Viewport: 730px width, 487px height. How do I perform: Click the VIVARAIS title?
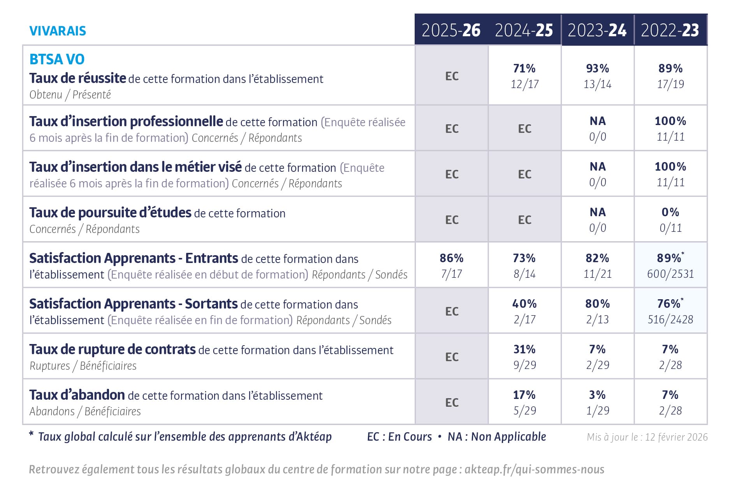tap(58, 31)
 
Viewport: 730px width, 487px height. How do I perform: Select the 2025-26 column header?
tap(451, 30)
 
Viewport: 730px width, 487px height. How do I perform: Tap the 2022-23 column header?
tap(670, 30)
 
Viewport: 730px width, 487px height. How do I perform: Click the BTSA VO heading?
tap(57, 59)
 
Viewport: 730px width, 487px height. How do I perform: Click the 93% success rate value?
tap(597, 69)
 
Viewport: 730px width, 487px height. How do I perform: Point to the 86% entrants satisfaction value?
tap(451, 258)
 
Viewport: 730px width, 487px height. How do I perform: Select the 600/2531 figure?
tap(670, 274)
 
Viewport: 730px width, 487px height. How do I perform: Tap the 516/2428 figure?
tap(670, 319)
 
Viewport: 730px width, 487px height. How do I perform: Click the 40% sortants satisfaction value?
tap(524, 303)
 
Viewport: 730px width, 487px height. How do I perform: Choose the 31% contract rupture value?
tap(524, 349)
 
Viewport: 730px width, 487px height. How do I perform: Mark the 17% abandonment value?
tap(524, 395)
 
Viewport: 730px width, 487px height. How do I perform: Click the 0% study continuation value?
tap(670, 212)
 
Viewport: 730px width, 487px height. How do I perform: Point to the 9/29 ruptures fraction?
tap(524, 365)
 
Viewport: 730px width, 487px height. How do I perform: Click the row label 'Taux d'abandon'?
tap(77, 395)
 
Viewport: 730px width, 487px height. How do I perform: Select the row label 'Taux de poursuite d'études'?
tap(110, 213)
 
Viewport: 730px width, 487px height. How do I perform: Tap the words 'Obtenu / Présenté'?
tap(70, 95)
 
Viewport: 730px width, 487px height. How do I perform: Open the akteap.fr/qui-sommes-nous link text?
tap(534, 469)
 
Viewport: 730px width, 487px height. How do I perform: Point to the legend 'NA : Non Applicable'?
tap(497, 437)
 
